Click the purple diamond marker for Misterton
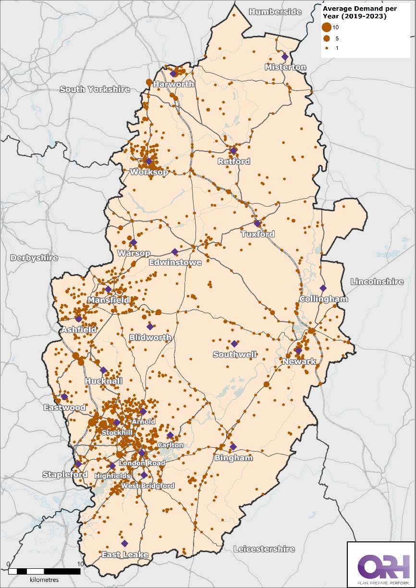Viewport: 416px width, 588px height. [x=285, y=56]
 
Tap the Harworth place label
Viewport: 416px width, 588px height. [x=173, y=84]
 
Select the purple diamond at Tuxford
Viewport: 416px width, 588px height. [x=257, y=223]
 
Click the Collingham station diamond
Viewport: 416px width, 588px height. [x=323, y=288]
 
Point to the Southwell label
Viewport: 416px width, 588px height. [x=235, y=355]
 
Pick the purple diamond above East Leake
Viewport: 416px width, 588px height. [x=124, y=543]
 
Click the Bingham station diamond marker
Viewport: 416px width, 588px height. [x=233, y=447]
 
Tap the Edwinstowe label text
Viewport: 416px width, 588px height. [x=175, y=263]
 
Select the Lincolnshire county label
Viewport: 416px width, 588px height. [x=377, y=282]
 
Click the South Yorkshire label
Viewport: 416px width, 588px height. [x=95, y=89]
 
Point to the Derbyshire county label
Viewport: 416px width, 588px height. [x=34, y=258]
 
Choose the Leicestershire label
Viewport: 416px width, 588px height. [x=264, y=549]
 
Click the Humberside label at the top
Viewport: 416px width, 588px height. [x=275, y=12]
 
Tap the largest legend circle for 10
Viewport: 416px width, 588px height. [x=327, y=27]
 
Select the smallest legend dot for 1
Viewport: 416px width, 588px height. [x=327, y=49]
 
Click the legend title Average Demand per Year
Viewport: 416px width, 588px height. [x=355, y=12]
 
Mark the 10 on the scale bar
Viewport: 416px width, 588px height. [x=80, y=563]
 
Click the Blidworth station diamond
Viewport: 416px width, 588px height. [x=150, y=327]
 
